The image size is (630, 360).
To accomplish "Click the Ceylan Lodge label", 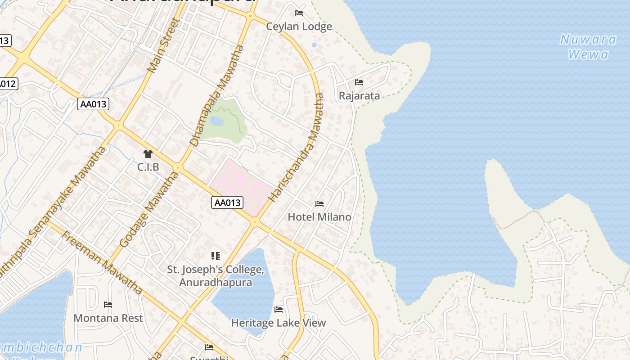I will click(x=299, y=27).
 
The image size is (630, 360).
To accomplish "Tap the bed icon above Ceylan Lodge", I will click(x=299, y=13).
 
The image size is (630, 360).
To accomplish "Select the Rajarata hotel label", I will click(x=359, y=96).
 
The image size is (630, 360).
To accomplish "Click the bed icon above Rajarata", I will click(x=359, y=82).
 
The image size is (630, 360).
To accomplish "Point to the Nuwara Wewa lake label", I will click(x=588, y=47).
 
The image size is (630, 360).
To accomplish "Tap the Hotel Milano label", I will click(x=319, y=217).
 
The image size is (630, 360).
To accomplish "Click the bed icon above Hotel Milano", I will click(x=319, y=204).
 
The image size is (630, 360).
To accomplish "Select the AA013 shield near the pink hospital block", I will click(x=227, y=202).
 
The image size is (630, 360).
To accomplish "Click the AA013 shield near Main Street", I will click(x=93, y=104).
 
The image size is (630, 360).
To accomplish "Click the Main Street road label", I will click(x=164, y=45).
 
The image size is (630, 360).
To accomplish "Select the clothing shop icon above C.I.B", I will click(x=148, y=154).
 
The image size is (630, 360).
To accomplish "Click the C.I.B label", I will click(x=148, y=167).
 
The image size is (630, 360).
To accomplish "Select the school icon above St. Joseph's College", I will click(x=216, y=256).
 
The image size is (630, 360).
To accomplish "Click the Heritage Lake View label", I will click(x=278, y=323).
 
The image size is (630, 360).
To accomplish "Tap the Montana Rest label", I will click(x=108, y=318).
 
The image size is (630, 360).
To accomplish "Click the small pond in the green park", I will click(x=216, y=121).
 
